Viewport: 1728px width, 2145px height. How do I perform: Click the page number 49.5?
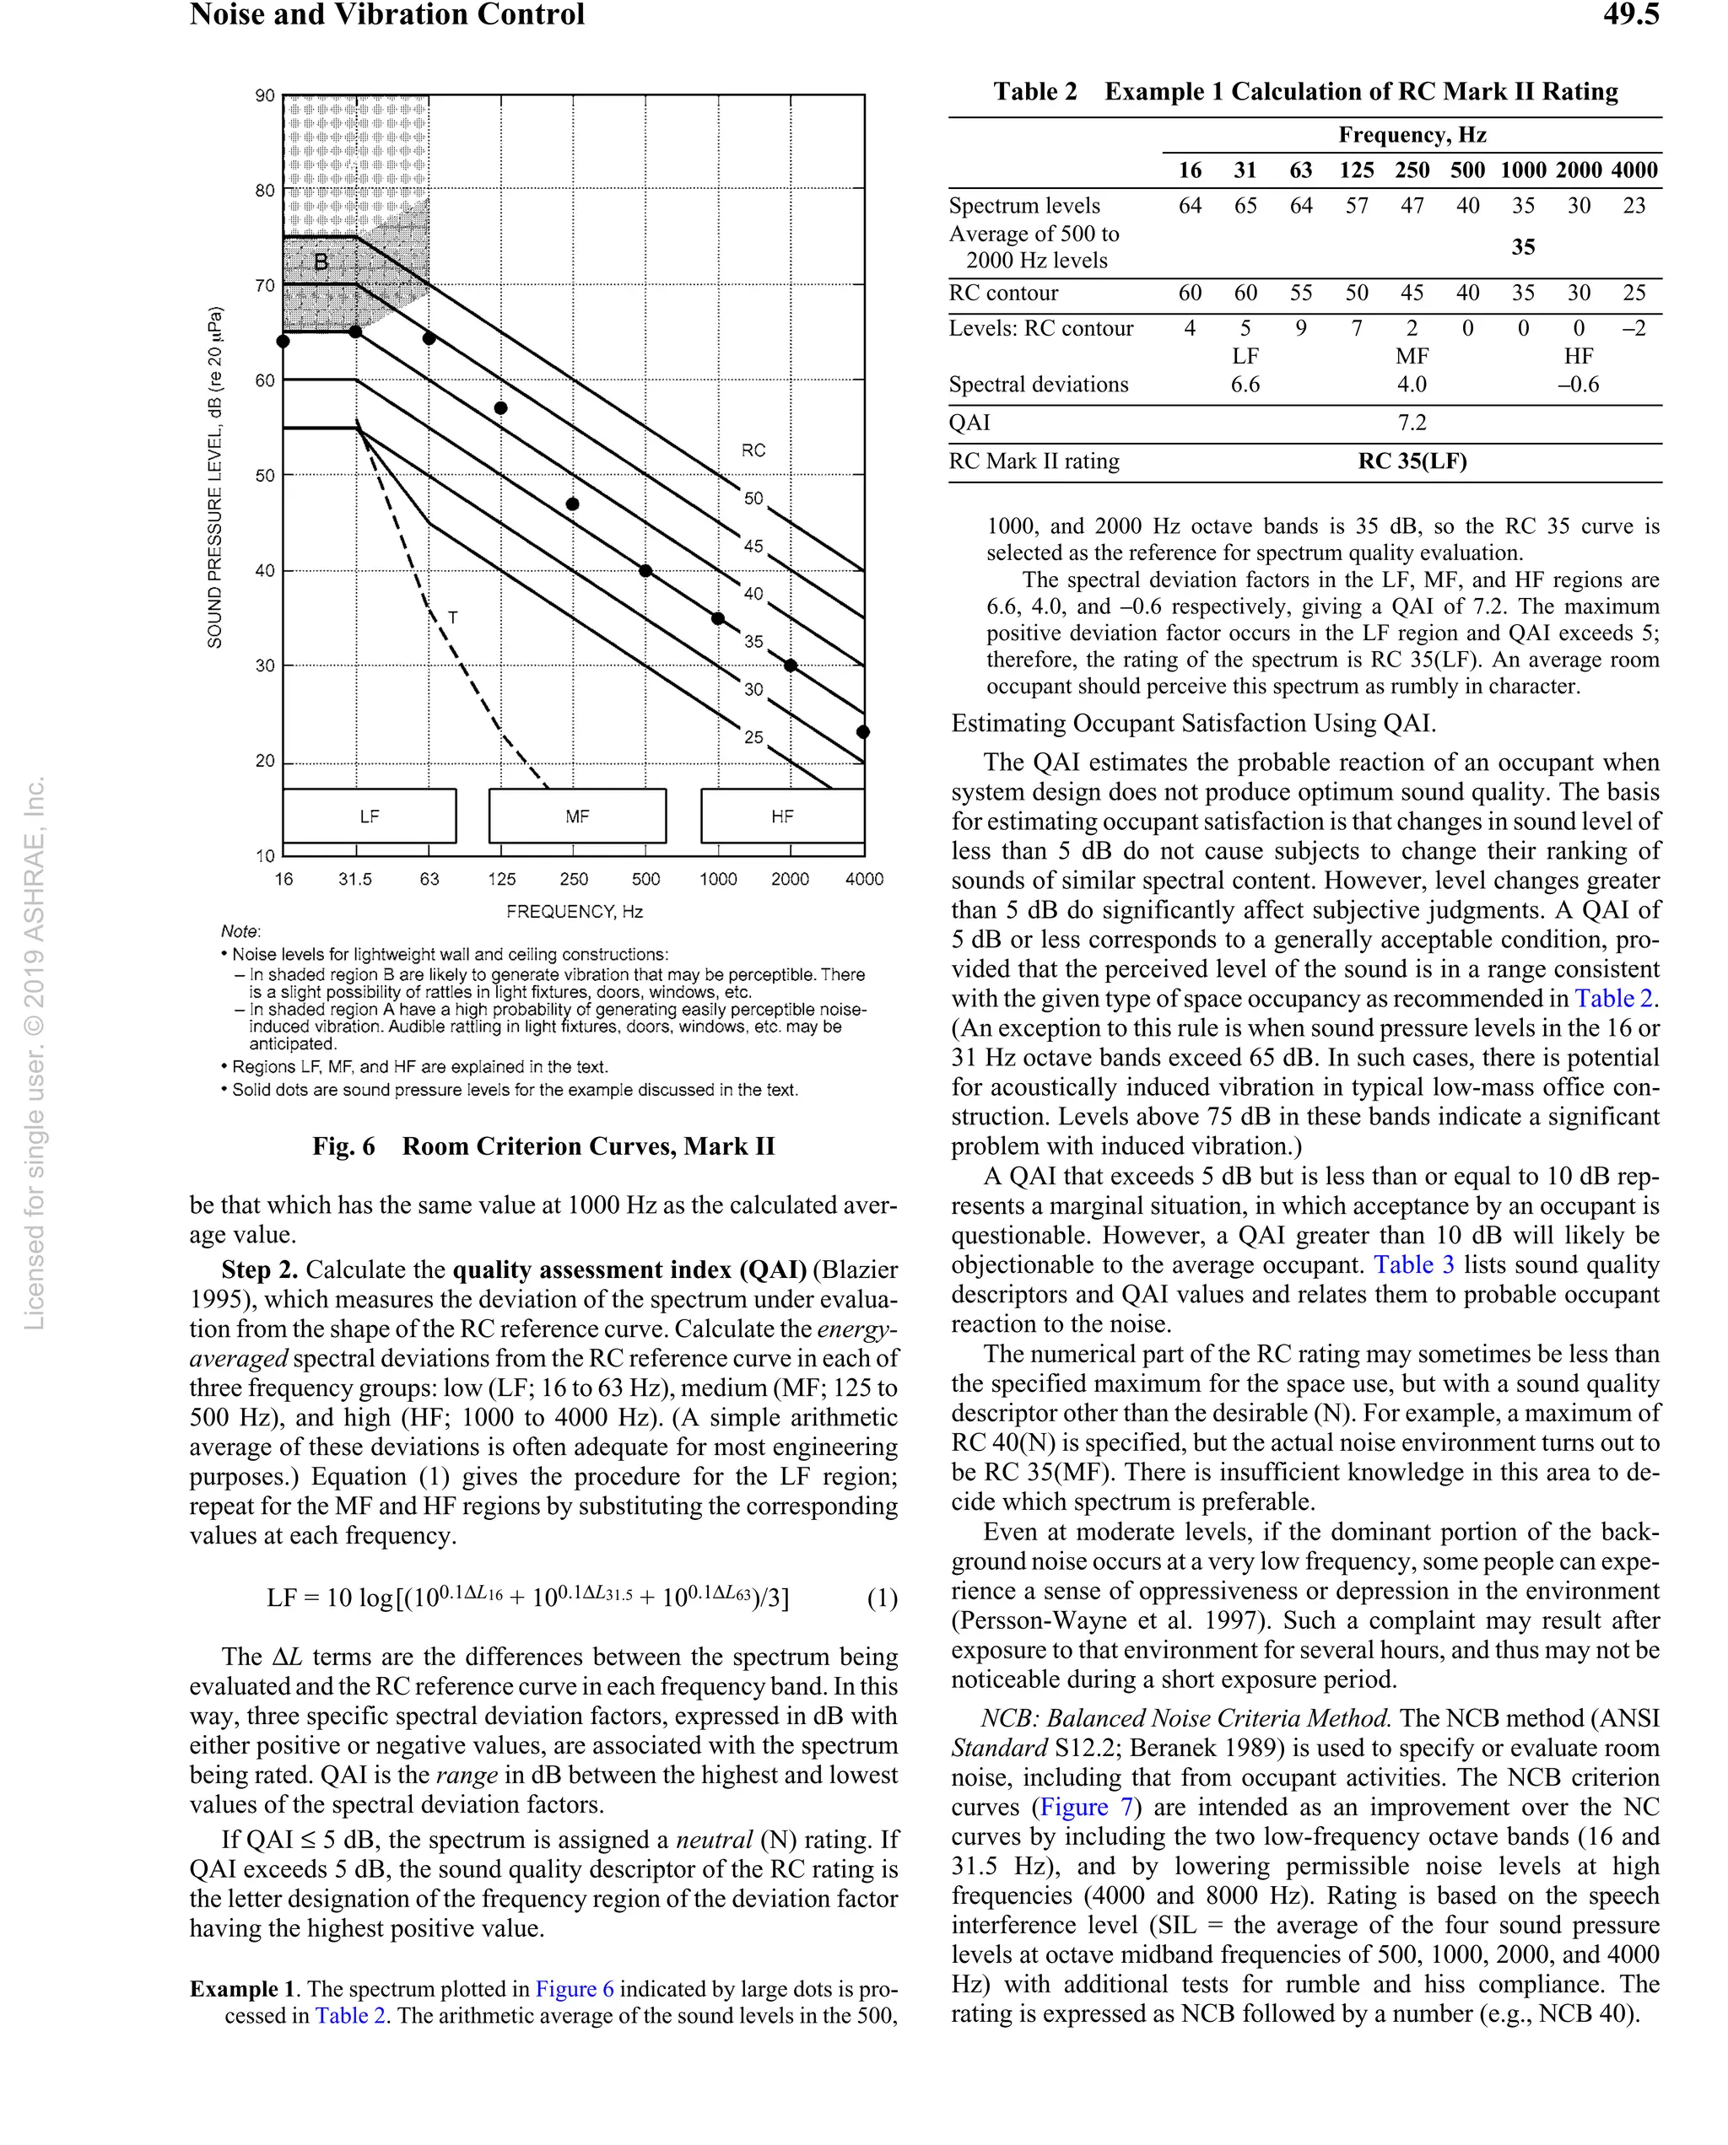click(1630, 15)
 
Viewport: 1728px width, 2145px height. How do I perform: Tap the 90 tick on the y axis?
click(265, 95)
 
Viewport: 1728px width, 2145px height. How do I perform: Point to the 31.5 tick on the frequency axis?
click(355, 878)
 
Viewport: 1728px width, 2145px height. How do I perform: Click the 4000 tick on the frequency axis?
click(864, 878)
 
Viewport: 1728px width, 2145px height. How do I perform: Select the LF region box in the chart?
click(370, 816)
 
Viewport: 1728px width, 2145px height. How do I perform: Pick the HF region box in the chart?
click(782, 816)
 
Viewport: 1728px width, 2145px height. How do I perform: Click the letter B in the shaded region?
click(321, 261)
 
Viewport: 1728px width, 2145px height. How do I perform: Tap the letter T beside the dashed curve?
click(453, 617)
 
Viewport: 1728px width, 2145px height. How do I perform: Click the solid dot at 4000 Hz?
click(863, 731)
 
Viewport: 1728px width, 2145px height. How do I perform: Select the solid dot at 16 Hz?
click(283, 342)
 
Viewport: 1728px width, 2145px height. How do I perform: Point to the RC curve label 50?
click(753, 498)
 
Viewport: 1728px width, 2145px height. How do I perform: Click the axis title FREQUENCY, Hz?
click(575, 911)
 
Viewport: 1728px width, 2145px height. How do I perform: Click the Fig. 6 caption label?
click(343, 1146)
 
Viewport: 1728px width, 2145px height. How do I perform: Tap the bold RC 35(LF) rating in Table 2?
click(1412, 461)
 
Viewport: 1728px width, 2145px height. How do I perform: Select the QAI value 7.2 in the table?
click(1412, 422)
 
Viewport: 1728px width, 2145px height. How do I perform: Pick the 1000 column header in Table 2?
click(1523, 170)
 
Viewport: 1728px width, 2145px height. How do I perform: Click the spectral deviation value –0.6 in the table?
click(1579, 384)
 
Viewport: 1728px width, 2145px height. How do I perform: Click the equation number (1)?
click(882, 1598)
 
